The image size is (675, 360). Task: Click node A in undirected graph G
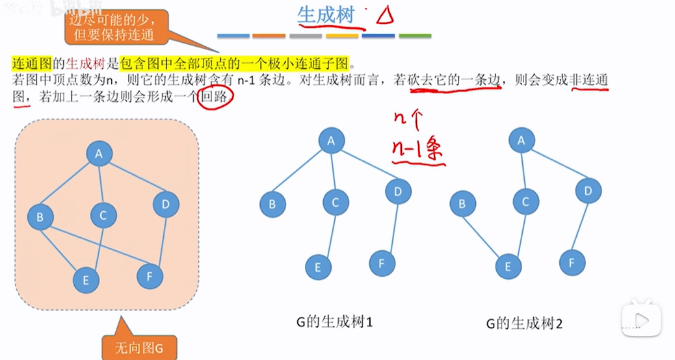pos(99,154)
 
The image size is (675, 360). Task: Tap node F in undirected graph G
pos(150,276)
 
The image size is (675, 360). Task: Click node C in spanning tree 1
pos(335,203)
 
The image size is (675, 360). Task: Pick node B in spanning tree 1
pos(272,204)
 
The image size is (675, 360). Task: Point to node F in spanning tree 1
pos(382,263)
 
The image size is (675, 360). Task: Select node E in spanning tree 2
pos(509,266)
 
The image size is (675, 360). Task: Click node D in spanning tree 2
pos(588,191)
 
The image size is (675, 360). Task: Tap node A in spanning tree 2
pos(521,140)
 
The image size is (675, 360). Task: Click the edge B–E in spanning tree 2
pos(485,236)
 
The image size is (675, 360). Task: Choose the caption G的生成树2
pos(524,324)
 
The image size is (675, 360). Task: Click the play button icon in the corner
pos(641,320)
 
